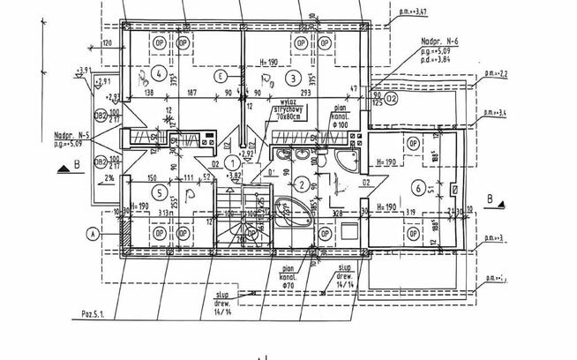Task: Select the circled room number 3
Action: (292, 76)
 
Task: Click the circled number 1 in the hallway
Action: (231, 161)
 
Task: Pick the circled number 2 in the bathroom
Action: (302, 184)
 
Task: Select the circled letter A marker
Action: (92, 234)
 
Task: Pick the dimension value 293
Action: (305, 92)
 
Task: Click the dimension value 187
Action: (191, 92)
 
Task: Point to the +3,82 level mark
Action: (234, 175)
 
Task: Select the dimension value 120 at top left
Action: (107, 42)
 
